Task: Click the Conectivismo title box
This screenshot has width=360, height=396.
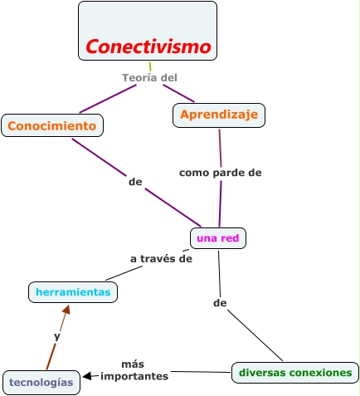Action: coord(148,31)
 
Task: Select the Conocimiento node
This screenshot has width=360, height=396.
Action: coord(52,125)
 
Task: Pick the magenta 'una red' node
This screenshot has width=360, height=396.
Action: coord(218,238)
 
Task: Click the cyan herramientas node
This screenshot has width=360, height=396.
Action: coord(73,292)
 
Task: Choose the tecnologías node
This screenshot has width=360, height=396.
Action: coord(41,382)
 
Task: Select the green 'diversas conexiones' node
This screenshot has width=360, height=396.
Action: coord(295,373)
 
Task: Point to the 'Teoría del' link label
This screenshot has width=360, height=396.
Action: coord(150,77)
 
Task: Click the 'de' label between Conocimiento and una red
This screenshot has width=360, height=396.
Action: coord(135,180)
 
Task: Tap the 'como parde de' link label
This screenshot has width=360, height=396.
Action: coord(221,173)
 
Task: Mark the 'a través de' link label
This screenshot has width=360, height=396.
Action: coord(161,258)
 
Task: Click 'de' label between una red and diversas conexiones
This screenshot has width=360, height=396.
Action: coord(220,303)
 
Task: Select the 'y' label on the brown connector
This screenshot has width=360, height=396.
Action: coord(56,336)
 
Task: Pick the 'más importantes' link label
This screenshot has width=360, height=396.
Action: coord(134,370)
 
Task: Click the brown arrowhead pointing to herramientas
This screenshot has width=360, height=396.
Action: coord(66,310)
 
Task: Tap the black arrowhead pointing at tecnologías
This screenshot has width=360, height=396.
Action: coord(87,376)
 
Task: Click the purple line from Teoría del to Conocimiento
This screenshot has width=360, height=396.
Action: coord(108,98)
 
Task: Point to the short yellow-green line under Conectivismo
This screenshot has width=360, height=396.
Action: coord(150,66)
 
